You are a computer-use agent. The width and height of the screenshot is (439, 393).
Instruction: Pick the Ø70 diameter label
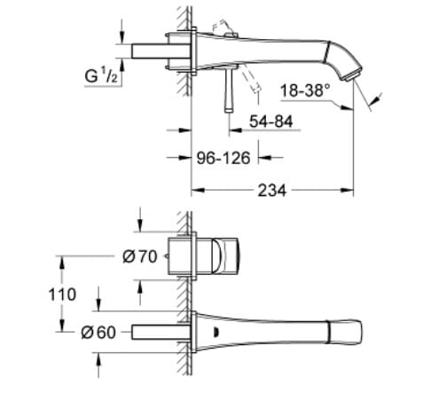[140, 255]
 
